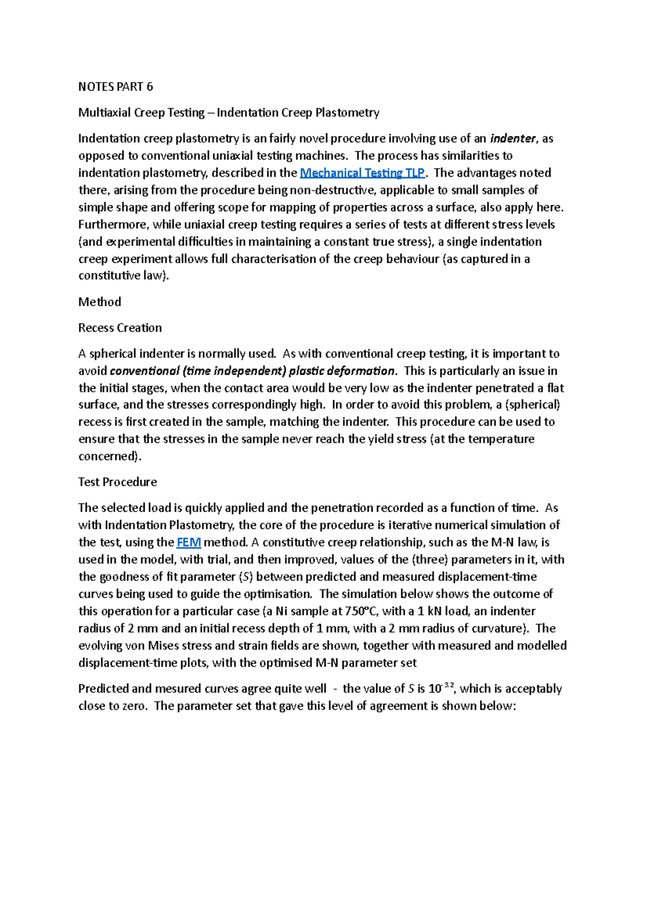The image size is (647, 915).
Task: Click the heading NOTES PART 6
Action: pos(115,87)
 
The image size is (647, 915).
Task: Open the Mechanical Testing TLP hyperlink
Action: pos(362,173)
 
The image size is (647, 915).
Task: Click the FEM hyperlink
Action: pos(189,542)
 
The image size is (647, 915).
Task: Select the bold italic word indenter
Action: pos(513,138)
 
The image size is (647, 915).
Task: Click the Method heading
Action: pos(100,302)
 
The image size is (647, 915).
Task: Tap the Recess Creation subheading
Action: pos(120,328)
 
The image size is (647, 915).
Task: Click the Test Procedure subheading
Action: pos(118,482)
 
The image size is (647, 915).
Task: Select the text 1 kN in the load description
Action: pos(428,611)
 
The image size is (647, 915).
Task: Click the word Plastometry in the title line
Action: pos(347,113)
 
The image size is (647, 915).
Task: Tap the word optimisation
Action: pos(278,594)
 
